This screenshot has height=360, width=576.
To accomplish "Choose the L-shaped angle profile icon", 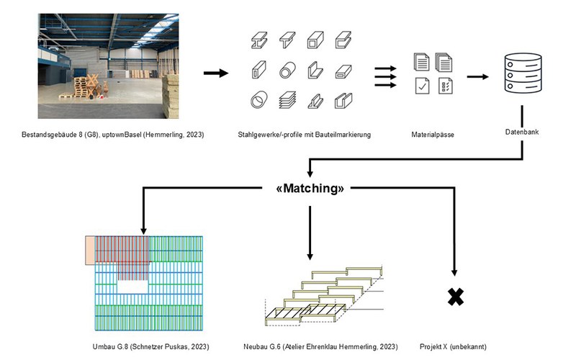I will pyautogui.click(x=316, y=71).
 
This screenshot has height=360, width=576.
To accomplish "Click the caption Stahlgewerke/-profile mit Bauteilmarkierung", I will pyautogui.click(x=303, y=135).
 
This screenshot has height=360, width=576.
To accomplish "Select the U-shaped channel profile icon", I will pyautogui.click(x=348, y=101).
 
